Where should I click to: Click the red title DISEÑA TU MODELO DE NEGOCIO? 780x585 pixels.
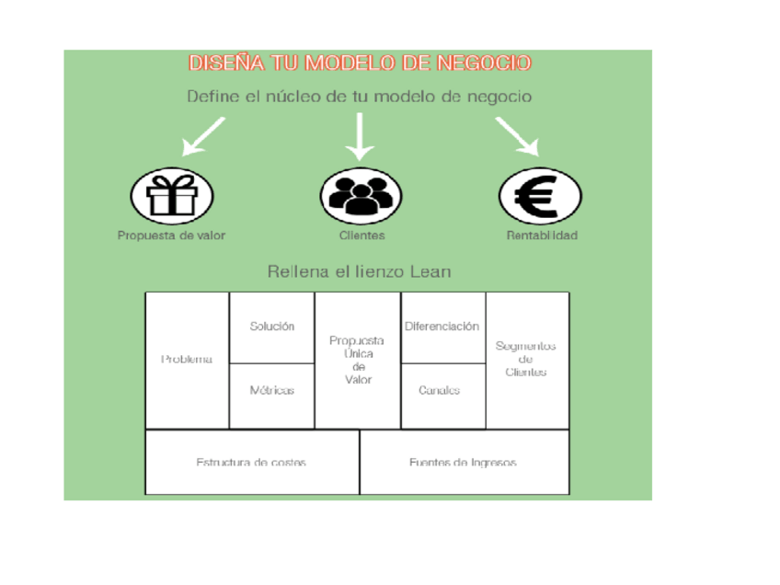pyautogui.click(x=360, y=63)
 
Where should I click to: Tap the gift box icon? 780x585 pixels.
pyautogui.click(x=172, y=195)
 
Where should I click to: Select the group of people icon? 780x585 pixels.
pyautogui.click(x=361, y=195)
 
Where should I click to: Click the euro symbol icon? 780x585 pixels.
pyautogui.click(x=540, y=195)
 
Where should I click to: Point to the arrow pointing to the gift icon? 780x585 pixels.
pyautogui.click(x=203, y=136)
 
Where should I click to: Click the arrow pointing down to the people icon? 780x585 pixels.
pyautogui.click(x=361, y=136)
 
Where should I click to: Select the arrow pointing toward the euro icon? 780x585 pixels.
pyautogui.click(x=517, y=136)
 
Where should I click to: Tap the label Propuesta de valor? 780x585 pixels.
pyautogui.click(x=171, y=235)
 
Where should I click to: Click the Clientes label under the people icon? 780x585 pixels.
pyautogui.click(x=361, y=235)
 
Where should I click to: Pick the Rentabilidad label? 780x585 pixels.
pyautogui.click(x=542, y=235)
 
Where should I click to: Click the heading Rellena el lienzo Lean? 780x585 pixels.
pyautogui.click(x=359, y=272)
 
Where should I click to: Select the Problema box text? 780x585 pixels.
pyautogui.click(x=187, y=360)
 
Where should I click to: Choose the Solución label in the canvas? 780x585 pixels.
pyautogui.click(x=272, y=327)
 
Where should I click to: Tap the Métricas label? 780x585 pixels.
pyautogui.click(x=272, y=390)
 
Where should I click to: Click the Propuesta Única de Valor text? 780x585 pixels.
pyautogui.click(x=358, y=360)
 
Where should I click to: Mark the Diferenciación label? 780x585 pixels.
pyautogui.click(x=442, y=327)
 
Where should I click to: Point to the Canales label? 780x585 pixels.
pyautogui.click(x=440, y=390)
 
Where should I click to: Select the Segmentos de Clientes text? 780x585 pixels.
pyautogui.click(x=526, y=359)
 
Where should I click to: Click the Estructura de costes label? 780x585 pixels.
pyautogui.click(x=251, y=463)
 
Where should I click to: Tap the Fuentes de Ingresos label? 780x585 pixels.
pyautogui.click(x=463, y=463)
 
